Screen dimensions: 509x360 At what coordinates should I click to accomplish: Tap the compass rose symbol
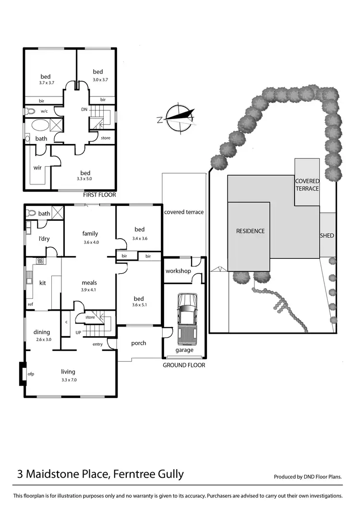click(x=180, y=117)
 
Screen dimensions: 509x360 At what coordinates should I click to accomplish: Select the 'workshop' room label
click(x=178, y=271)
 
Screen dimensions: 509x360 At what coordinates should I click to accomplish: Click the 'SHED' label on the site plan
click(x=327, y=236)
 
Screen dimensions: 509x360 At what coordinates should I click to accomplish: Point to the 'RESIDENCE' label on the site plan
click(x=250, y=231)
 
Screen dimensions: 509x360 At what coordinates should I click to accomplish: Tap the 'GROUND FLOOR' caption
click(x=184, y=365)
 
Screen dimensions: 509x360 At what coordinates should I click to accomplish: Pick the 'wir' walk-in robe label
click(x=37, y=168)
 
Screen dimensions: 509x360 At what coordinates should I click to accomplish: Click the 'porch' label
click(x=138, y=343)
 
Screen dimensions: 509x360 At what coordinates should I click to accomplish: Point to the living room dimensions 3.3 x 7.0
click(x=68, y=380)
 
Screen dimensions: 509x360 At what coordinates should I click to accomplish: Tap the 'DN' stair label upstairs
click(x=84, y=109)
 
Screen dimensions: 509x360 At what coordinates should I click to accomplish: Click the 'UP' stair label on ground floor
click(x=78, y=332)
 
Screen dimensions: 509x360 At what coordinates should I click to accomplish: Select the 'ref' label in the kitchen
click(x=30, y=304)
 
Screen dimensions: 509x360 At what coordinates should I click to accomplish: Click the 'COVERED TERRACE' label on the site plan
click(x=307, y=185)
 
